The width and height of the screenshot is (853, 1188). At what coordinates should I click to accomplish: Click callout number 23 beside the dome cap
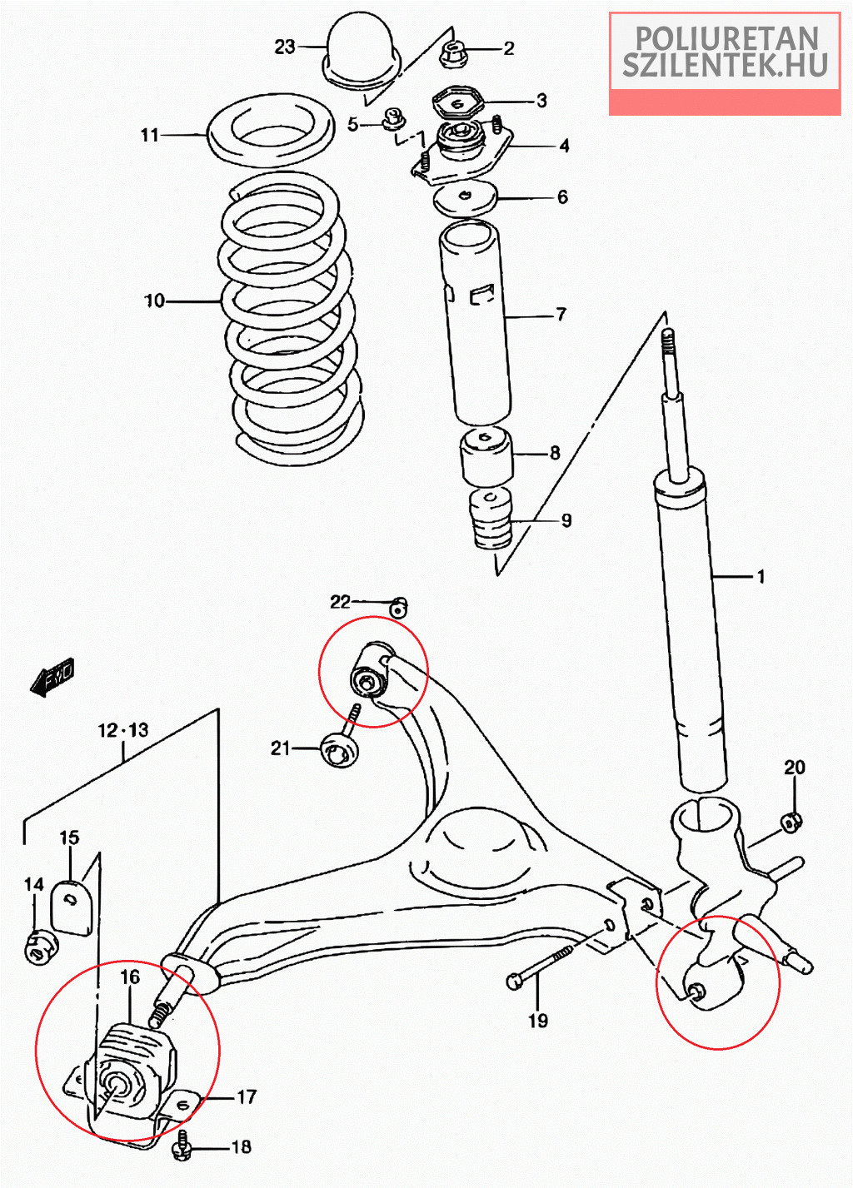coord(285,47)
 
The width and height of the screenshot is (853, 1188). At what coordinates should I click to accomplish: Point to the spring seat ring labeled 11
coord(271,131)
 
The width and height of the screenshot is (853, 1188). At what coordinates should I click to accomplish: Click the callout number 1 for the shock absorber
coord(760,576)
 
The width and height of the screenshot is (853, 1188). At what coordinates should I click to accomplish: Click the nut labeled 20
coord(792,822)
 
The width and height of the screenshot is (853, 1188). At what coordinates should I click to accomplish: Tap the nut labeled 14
coord(39,947)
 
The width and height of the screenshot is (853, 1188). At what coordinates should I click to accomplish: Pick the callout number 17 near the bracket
coord(247,1097)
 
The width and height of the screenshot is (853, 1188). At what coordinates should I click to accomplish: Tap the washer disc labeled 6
coord(465,198)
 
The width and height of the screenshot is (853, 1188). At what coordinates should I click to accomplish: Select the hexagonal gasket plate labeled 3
coord(457,102)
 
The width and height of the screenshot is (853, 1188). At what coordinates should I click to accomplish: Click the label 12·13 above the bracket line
coord(123,730)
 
